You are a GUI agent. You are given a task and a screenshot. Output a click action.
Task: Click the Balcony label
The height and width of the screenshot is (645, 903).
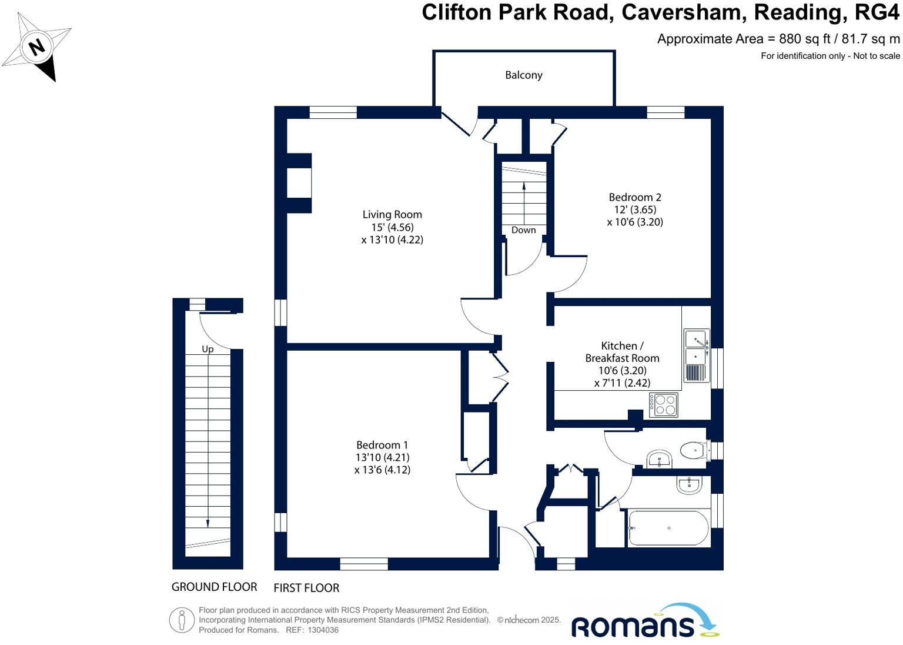point(523,75)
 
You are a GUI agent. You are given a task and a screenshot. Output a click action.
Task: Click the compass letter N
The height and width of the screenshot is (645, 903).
point(37,46)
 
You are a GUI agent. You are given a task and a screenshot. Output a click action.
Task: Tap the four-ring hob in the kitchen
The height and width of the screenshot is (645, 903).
point(663,405)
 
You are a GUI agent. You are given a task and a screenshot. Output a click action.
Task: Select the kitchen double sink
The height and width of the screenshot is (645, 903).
point(696,348)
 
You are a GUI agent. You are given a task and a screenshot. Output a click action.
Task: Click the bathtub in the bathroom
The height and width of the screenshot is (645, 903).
point(668,528)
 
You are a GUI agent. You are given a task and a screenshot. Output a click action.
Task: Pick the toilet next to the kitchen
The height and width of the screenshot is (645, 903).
point(695,451)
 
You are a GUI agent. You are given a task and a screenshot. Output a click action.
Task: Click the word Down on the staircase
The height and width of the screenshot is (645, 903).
point(523,230)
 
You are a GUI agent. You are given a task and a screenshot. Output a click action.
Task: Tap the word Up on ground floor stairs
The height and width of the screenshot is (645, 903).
point(208,349)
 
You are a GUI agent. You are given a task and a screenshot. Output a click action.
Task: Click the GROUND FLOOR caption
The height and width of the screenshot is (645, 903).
point(214,587)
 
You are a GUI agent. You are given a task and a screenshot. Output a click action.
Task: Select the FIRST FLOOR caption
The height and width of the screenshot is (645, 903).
point(306,588)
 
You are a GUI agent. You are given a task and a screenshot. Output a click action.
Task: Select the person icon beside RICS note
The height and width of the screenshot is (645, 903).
point(182,620)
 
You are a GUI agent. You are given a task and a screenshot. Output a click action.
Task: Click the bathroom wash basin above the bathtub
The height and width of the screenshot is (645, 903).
point(688,484)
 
